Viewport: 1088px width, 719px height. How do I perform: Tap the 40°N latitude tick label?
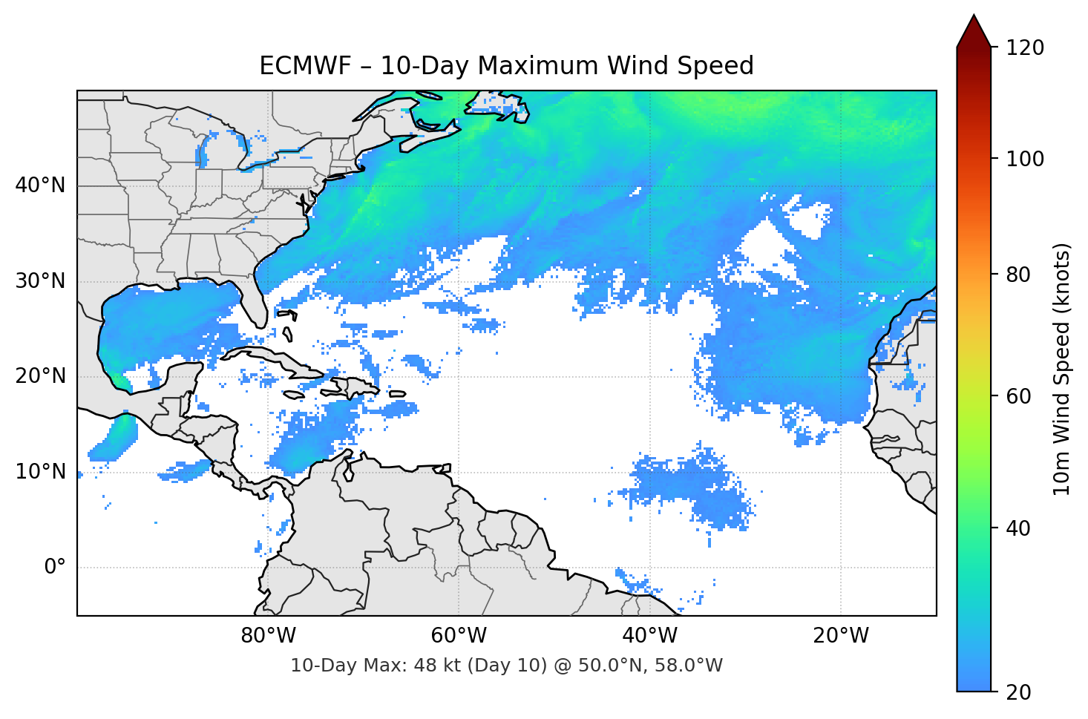[40, 186]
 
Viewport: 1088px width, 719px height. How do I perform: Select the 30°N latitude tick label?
[40, 281]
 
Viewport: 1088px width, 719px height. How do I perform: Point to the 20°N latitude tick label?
[40, 376]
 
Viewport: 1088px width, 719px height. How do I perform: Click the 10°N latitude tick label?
[40, 472]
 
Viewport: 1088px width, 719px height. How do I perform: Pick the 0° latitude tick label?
[55, 567]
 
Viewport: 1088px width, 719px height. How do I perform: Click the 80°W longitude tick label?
[269, 636]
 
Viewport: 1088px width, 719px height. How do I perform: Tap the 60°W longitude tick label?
[459, 636]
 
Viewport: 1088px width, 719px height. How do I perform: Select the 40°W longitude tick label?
[650, 636]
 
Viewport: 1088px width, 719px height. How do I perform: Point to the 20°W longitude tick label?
[841, 636]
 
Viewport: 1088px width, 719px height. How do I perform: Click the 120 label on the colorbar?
[1025, 47]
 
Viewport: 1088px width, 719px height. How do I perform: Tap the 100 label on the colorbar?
[1025, 159]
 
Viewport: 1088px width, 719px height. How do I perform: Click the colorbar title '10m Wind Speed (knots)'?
[1061, 369]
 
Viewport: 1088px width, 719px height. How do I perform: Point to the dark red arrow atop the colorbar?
[974, 31]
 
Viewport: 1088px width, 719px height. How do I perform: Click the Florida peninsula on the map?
[255, 301]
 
